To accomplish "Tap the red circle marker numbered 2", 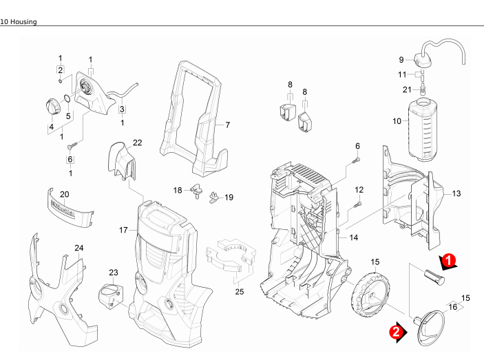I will click(396, 331).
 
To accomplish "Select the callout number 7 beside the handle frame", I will click(227, 125).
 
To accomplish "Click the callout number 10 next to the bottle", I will click(397, 121).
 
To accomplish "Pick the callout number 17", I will click(124, 230).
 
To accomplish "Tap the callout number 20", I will click(65, 194).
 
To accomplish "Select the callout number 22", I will click(138, 142).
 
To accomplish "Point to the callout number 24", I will click(79, 248).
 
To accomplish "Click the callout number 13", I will click(456, 194).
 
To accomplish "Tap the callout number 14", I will click(354, 237).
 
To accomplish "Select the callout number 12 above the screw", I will click(359, 189).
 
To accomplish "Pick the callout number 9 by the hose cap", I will click(401, 59).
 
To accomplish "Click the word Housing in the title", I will click(22, 22).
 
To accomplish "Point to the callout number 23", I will click(114, 273).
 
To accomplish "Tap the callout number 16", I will click(452, 307).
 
